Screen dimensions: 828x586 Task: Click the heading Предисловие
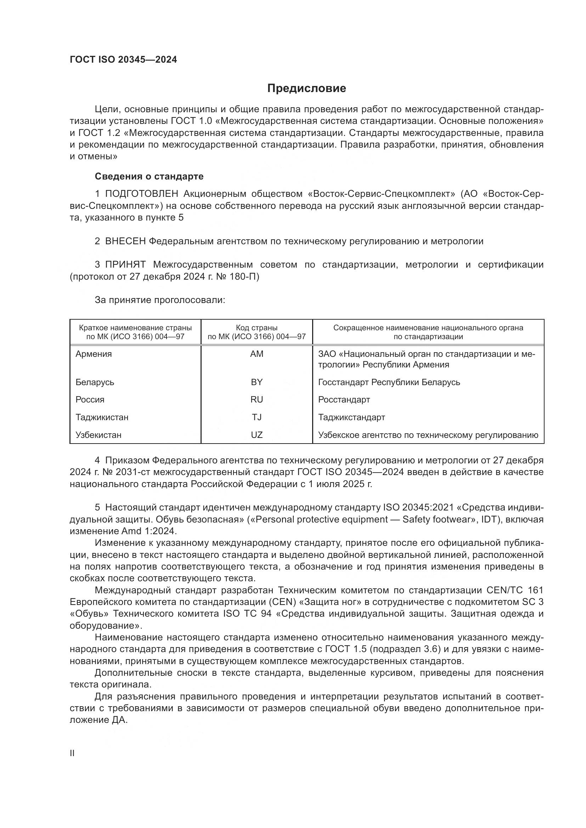point(306,88)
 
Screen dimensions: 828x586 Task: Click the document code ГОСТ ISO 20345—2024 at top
point(123,60)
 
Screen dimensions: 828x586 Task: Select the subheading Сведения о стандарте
point(149,176)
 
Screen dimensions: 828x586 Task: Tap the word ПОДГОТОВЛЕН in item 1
point(141,194)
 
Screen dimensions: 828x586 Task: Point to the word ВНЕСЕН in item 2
point(125,241)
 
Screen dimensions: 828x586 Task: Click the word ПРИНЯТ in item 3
point(125,265)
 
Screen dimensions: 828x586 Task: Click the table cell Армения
point(94,354)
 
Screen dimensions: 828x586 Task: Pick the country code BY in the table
point(257,382)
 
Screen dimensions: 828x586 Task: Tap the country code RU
point(257,400)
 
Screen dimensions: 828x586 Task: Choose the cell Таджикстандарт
point(351,417)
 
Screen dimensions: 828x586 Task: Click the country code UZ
point(257,435)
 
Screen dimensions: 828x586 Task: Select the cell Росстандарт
point(344,400)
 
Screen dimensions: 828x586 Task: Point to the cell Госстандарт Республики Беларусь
point(389,382)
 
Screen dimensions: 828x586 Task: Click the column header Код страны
point(257,328)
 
